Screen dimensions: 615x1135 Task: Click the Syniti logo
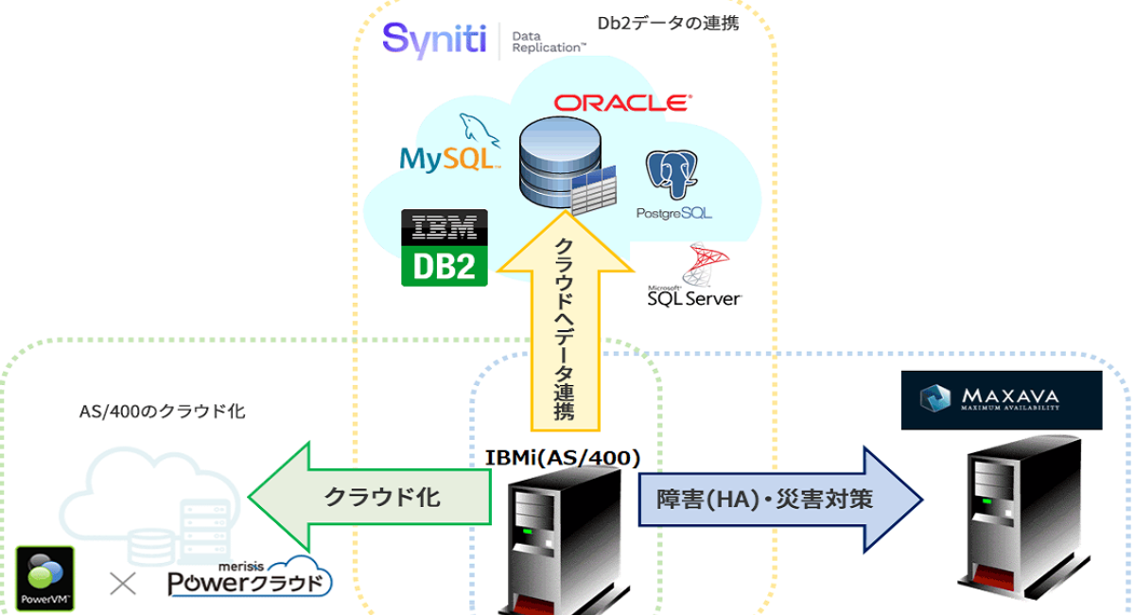434,40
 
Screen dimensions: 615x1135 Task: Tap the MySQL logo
449,148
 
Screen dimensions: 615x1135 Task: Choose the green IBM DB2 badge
445,247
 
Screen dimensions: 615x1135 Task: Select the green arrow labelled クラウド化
370,497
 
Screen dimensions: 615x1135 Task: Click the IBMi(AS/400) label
563,458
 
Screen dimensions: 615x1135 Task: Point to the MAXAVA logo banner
1002,399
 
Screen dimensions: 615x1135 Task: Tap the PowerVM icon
46,574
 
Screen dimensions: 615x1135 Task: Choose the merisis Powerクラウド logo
251,578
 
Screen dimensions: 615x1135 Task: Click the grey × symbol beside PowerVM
123,584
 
